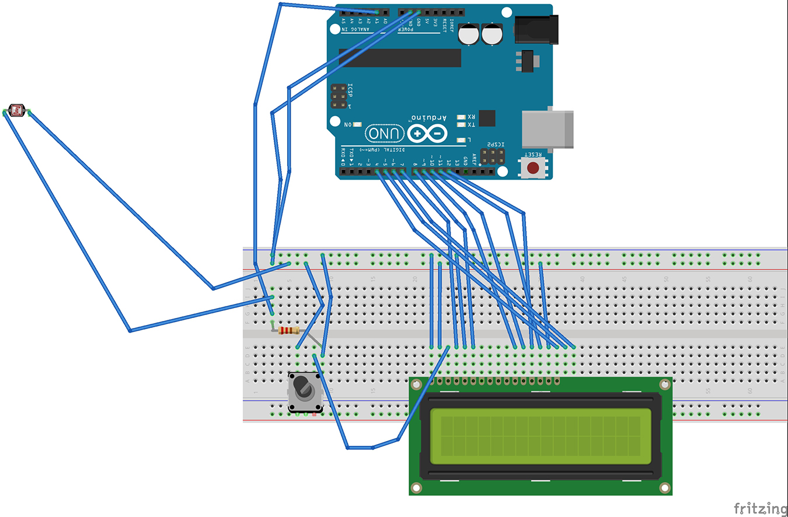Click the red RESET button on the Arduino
coord(533,168)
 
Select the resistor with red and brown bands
coord(289,330)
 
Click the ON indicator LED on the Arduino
coord(357,125)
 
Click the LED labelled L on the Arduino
coord(462,140)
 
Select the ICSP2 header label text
coord(494,145)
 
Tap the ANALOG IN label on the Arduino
coord(356,29)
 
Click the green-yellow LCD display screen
coord(540,436)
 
